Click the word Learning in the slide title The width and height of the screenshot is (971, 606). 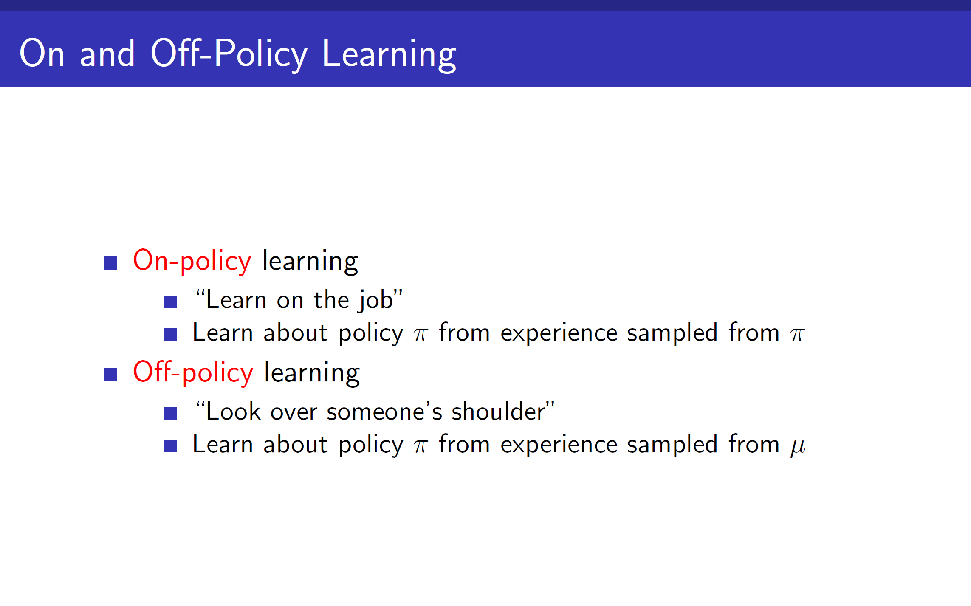[389, 55]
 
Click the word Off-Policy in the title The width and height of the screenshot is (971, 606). [229, 54]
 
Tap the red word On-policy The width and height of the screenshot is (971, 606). [192, 261]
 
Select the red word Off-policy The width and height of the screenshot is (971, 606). [193, 372]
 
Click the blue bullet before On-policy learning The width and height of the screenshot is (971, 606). [110, 263]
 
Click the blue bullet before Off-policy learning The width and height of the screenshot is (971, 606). [110, 375]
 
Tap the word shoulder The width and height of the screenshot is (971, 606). [498, 411]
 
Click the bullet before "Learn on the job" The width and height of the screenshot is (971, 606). [170, 302]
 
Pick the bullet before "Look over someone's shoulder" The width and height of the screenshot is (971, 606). [170, 413]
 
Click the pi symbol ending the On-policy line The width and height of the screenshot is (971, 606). [797, 335]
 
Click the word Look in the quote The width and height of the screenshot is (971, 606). [233, 411]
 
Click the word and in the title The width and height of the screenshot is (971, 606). [107, 54]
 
